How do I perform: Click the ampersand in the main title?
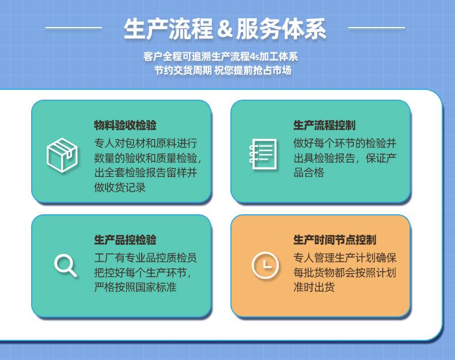point(225,29)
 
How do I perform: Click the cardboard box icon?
point(62,155)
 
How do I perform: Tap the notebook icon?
point(263,154)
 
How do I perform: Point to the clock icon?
point(265,265)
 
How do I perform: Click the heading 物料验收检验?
point(125,126)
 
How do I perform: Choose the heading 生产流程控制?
point(324,126)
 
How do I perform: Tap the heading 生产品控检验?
point(125,240)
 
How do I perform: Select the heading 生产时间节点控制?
point(335,240)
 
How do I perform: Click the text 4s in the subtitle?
point(254,56)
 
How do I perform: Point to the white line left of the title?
point(74,28)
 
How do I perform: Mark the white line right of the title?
point(376,28)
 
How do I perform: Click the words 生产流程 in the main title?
point(168,29)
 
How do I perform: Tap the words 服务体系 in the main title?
point(281,29)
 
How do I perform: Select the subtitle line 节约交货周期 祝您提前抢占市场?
point(222,70)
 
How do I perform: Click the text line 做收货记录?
point(120,187)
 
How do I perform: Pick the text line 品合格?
point(309,173)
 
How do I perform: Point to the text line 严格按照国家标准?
point(135,287)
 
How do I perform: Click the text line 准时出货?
point(314,287)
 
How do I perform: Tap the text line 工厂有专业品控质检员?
point(145,257)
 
